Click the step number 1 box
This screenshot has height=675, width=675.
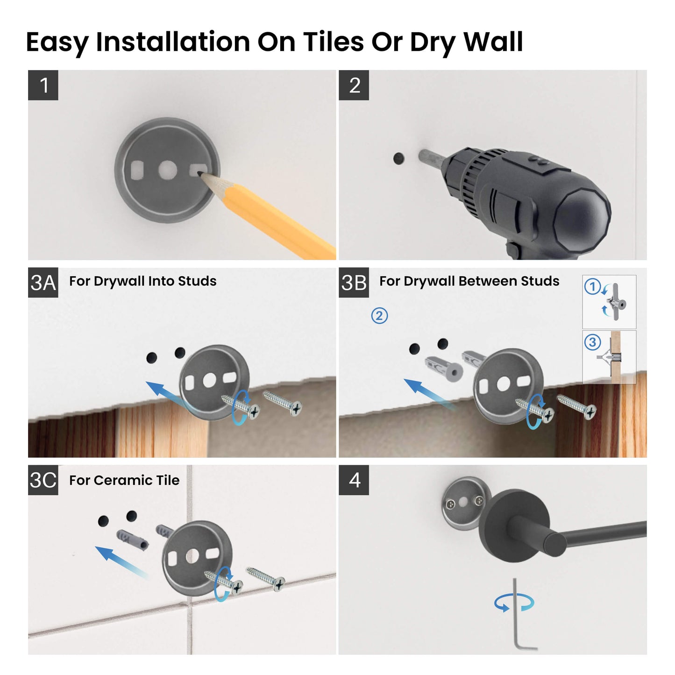(x=43, y=85)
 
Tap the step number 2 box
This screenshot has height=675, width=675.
(x=354, y=85)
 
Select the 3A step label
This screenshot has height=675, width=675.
(x=43, y=283)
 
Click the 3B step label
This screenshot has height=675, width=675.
(x=354, y=283)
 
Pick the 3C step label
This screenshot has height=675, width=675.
(x=43, y=480)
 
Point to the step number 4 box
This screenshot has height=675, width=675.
(x=354, y=480)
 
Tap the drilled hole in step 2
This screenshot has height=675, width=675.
(x=398, y=158)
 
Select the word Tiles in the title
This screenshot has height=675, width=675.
(x=333, y=42)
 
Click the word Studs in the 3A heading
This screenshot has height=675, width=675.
(x=197, y=281)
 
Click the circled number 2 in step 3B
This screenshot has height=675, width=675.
(x=379, y=316)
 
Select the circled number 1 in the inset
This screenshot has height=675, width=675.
(x=592, y=286)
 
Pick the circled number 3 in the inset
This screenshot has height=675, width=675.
(x=592, y=342)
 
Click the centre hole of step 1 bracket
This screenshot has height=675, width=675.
(x=167, y=171)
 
